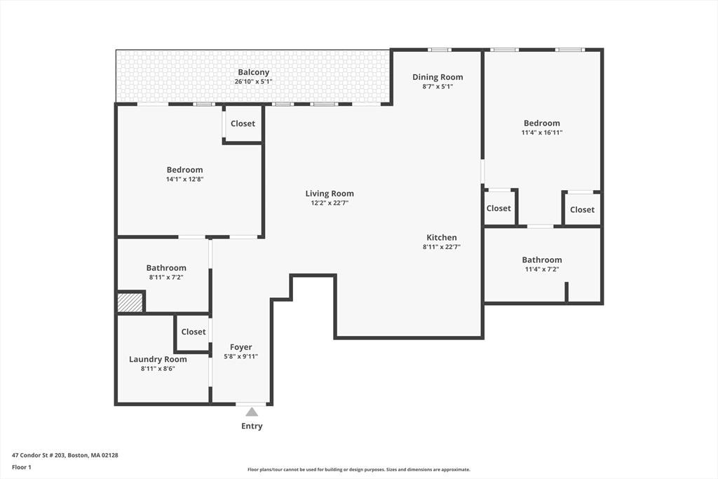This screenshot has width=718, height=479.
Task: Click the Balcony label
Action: coord(253,72)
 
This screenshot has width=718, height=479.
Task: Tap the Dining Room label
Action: coord(438,77)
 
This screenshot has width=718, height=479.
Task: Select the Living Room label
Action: coord(330,194)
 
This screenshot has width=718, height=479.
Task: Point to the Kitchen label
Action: coord(442,238)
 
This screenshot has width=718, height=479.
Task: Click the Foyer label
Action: coord(241,347)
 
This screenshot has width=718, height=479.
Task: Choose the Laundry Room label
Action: coord(158,359)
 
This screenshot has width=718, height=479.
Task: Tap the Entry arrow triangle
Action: coord(252,412)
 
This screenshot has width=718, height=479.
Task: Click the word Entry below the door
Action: coord(252,426)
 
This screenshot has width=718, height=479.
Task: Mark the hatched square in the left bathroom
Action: coord(130,302)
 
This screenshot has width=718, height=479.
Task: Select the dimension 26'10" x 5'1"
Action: coord(253,81)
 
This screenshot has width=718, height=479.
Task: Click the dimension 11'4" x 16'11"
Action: coord(542,132)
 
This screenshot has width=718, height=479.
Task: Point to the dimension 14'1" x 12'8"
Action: coord(184,179)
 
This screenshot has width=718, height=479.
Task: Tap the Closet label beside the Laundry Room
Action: coord(194,332)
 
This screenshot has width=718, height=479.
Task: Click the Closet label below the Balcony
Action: coord(243,123)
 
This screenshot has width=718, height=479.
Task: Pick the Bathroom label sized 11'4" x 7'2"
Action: coord(542,259)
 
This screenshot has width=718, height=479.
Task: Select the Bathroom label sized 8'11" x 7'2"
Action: coord(166,268)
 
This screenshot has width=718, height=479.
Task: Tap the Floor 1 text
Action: coord(22,466)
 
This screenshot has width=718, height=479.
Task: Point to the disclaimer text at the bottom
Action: coord(358,470)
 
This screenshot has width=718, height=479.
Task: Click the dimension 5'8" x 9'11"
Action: coord(241,356)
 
